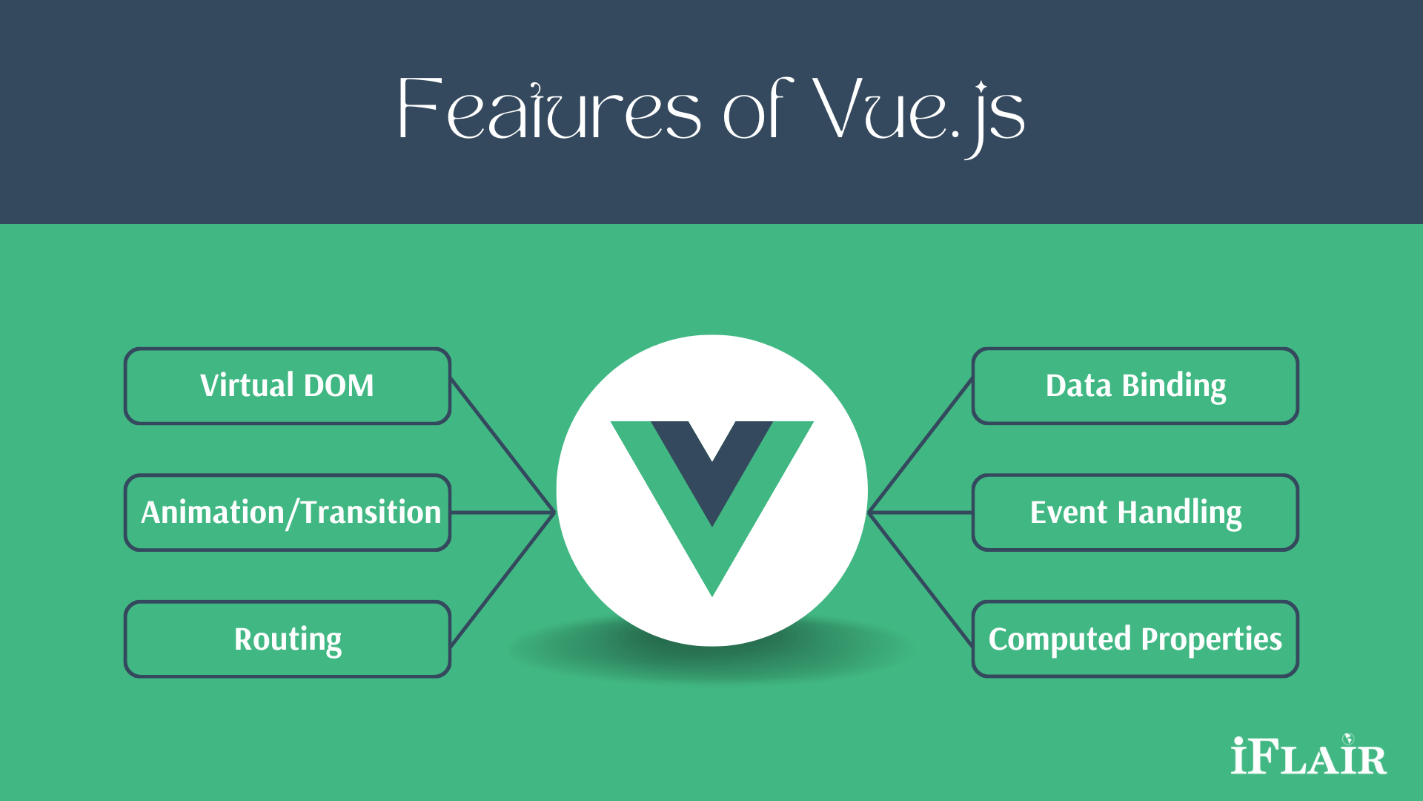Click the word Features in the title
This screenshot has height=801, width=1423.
coord(548,111)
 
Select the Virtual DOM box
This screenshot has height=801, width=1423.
coord(288,386)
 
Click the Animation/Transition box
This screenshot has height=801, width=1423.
coord(288,512)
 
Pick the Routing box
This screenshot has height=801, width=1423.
coord(288,639)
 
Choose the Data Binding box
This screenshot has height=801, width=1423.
coord(1135,386)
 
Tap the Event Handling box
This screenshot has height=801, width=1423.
coord(1135,512)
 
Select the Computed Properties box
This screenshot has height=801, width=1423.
coord(1135,639)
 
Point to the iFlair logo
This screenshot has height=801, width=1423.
coord(1308,756)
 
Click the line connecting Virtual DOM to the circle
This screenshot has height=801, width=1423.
coord(502,445)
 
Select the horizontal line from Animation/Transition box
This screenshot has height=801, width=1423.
coord(502,512)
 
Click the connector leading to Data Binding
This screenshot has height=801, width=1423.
coord(921,445)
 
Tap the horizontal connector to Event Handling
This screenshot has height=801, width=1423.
coord(921,512)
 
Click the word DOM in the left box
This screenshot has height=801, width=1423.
coord(339,386)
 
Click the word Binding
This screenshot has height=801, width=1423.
coord(1174,386)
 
